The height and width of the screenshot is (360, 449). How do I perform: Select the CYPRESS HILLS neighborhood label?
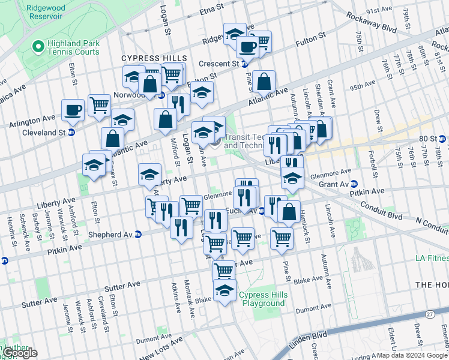pos(154,58)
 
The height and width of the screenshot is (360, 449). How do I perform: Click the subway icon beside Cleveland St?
pos(71,133)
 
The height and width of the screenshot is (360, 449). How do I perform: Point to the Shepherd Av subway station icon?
pos(137,234)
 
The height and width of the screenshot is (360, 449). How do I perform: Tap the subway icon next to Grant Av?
pos(354,184)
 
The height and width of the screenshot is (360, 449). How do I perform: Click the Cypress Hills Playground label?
pos(262,299)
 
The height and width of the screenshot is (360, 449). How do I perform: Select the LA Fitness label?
pos(431,259)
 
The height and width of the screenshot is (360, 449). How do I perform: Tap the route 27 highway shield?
pos(429,314)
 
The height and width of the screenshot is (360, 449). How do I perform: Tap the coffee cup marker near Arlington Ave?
pos(73,110)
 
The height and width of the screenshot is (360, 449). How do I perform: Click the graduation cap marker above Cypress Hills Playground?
pos(224,291)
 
